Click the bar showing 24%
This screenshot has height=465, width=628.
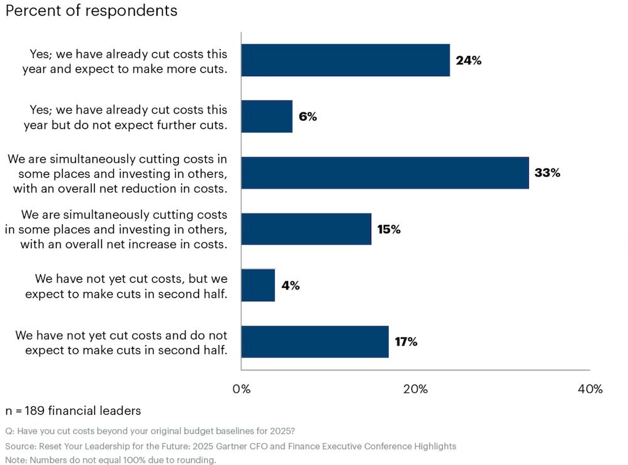[x=345, y=60]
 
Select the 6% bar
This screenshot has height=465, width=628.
[x=267, y=116]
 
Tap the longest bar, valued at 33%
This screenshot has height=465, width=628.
[x=385, y=173]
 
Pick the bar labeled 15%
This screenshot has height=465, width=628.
[x=306, y=229]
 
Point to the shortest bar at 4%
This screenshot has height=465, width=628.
[x=258, y=285]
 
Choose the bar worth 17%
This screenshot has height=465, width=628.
[x=315, y=342]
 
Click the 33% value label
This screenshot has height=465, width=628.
[x=547, y=173]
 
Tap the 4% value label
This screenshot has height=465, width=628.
[x=290, y=285]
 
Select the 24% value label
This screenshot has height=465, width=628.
[x=468, y=60]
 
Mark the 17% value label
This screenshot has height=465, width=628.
[x=405, y=342]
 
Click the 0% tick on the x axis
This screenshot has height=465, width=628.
[x=241, y=389]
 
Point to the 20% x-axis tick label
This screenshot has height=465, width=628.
[x=415, y=389]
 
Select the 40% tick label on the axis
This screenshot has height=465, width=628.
[x=589, y=389]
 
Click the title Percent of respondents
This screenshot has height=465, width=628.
[x=91, y=11]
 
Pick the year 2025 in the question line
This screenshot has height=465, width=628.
[x=281, y=431]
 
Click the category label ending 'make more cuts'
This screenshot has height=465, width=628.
[x=124, y=61]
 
